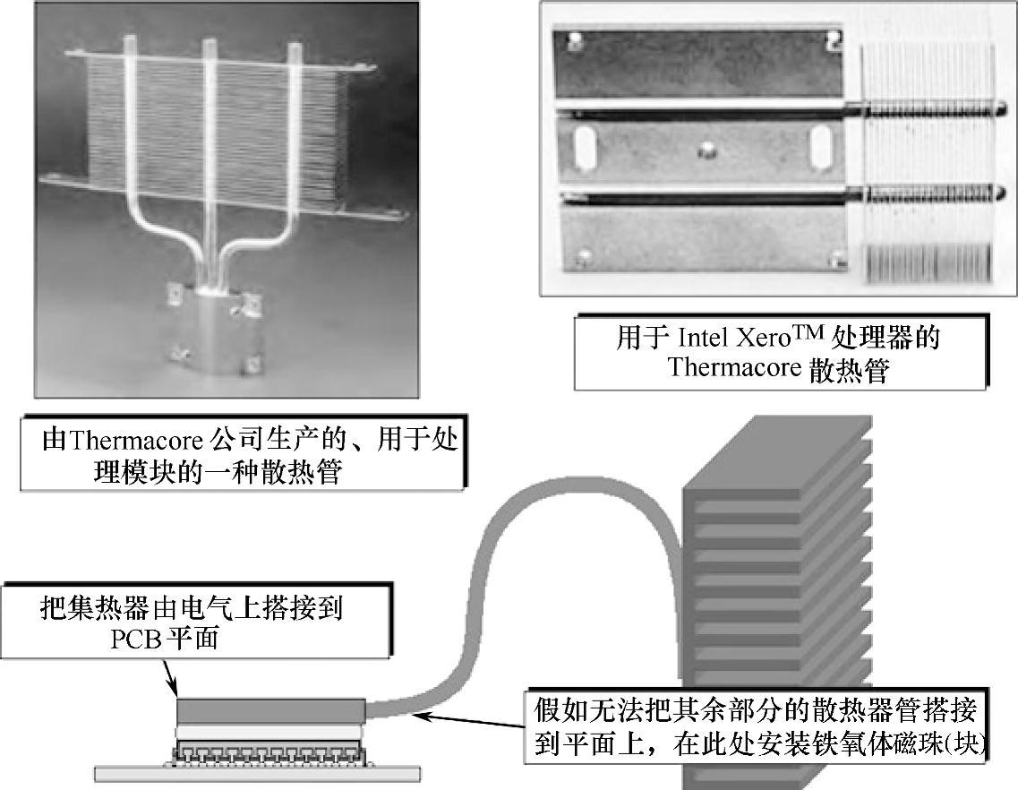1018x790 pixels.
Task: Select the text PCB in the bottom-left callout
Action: pyautogui.click(x=135, y=640)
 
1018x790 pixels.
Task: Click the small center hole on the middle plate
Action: pyautogui.click(x=705, y=148)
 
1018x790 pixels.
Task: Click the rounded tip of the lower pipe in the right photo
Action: pyautogui.click(x=999, y=191)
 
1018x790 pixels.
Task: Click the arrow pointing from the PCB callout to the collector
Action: pyautogui.click(x=169, y=677)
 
